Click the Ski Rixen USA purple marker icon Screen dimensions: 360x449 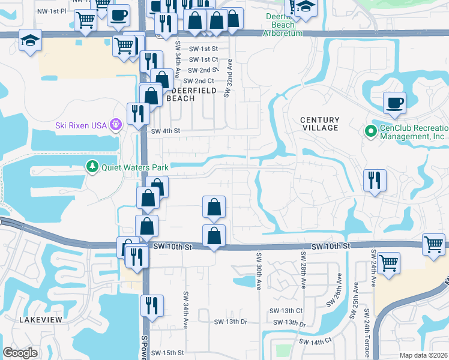coord(115,125)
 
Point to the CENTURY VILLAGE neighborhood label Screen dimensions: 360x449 coord(320,124)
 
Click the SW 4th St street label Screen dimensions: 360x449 coord(165,131)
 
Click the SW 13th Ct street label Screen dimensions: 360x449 coord(286,311)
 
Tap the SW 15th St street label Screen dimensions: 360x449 coord(167,353)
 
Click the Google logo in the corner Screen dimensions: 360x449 coord(20,353)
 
